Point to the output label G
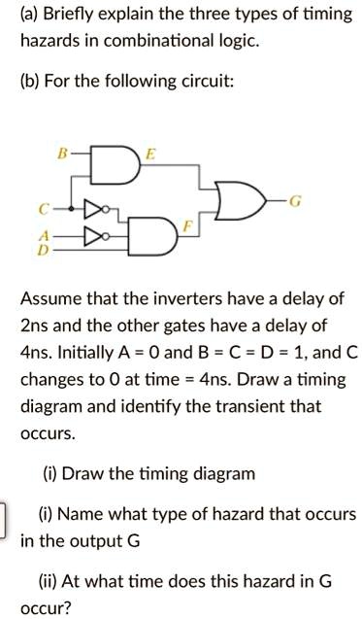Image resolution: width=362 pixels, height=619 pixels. [296, 201]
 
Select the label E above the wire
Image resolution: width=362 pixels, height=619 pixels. [148, 153]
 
